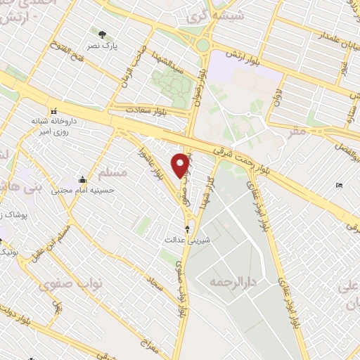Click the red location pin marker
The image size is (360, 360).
(181, 166)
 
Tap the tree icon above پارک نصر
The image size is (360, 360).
(103, 34)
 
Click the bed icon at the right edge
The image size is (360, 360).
(340, 186)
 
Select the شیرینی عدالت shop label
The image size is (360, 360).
(187, 240)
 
